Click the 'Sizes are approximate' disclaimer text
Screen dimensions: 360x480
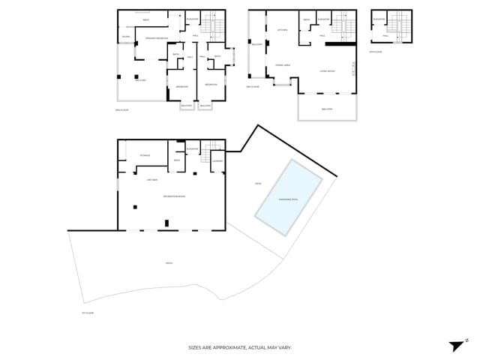click(x=239, y=348)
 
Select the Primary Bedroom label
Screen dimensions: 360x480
click(x=156, y=37)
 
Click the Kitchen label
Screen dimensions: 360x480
click(x=283, y=30)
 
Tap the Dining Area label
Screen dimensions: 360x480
click(x=283, y=65)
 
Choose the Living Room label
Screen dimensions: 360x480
click(x=327, y=71)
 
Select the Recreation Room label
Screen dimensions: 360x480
click(x=174, y=196)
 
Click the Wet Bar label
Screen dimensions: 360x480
click(x=151, y=180)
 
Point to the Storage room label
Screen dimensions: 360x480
click(x=144, y=155)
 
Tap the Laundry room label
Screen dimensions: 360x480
click(x=217, y=160)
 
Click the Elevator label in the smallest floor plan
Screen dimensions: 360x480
click(x=379, y=19)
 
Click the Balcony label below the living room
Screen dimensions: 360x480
click(x=327, y=109)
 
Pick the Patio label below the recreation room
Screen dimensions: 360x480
click(x=169, y=262)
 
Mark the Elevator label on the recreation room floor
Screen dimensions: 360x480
click(x=192, y=149)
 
